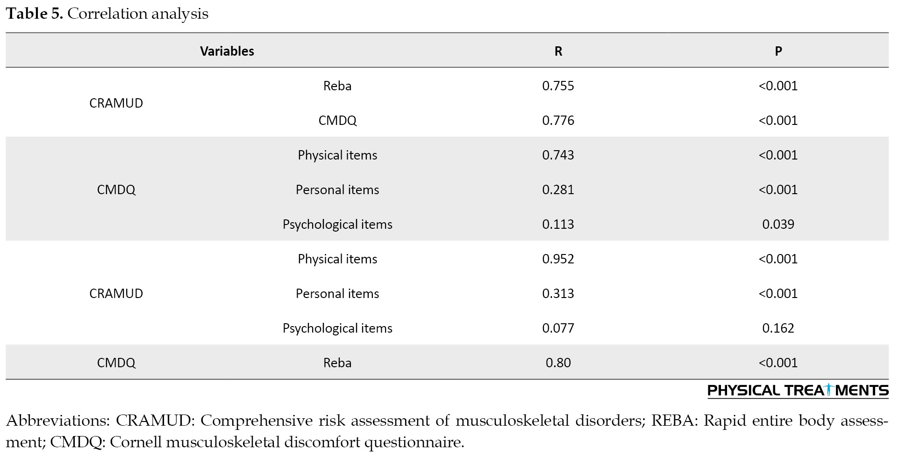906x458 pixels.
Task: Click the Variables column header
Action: click(x=227, y=51)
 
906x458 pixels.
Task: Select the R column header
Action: click(x=558, y=51)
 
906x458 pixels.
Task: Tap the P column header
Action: click(x=778, y=51)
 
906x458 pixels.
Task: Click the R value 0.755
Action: click(x=558, y=86)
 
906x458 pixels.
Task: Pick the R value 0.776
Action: click(x=558, y=120)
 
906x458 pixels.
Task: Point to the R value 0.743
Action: click(x=558, y=155)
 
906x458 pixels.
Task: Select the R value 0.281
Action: click(x=558, y=189)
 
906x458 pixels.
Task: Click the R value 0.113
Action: click(x=558, y=224)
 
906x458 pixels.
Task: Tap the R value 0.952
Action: click(x=558, y=259)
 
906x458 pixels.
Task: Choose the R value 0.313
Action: click(x=558, y=293)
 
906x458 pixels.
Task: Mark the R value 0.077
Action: click(x=558, y=328)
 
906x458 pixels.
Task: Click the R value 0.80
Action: click(x=558, y=363)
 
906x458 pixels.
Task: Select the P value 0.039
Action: click(x=778, y=224)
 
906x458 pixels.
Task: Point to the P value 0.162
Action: click(x=778, y=328)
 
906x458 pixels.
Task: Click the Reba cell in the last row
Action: click(x=337, y=363)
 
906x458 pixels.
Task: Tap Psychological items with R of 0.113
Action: click(x=337, y=225)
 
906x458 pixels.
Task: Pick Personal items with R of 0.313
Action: click(x=337, y=293)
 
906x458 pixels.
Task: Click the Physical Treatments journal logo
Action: click(x=798, y=391)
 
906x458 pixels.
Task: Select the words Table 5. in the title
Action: click(x=35, y=14)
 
